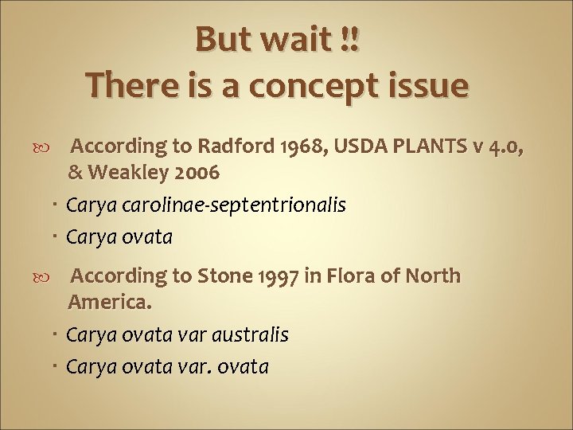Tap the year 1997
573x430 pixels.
[x=271, y=276]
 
